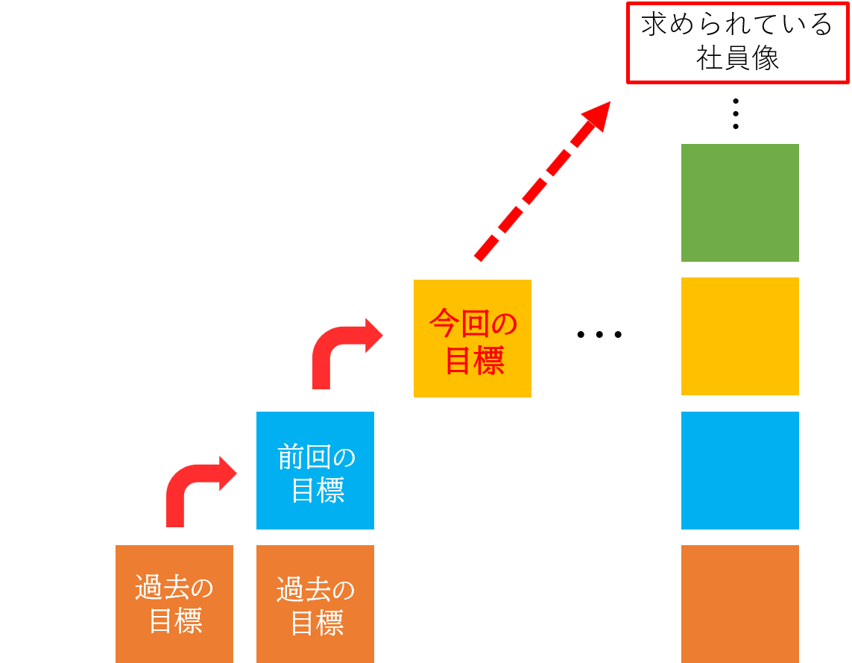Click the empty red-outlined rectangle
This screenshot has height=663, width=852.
click(737, 43)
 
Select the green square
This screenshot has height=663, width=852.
click(739, 203)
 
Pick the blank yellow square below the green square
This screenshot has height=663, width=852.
click(739, 336)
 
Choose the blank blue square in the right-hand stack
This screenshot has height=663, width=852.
click(739, 470)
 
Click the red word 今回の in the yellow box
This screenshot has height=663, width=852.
click(473, 324)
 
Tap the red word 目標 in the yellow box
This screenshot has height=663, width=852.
click(474, 360)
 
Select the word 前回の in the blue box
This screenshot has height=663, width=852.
click(316, 457)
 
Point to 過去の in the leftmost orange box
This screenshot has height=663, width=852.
click(174, 588)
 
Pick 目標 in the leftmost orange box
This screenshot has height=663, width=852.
click(176, 621)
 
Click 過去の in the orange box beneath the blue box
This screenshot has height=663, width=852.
click(315, 589)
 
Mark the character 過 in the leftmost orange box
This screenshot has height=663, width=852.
click(148, 588)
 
